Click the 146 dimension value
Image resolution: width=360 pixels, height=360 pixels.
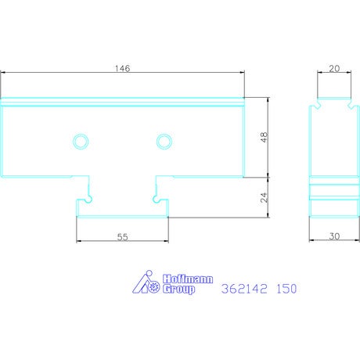point(122,68)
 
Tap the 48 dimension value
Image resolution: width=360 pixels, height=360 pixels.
point(265,137)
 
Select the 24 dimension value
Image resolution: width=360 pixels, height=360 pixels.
point(265,197)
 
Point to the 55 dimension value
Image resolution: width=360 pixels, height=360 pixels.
point(122,237)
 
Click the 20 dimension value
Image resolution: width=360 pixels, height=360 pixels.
point(334,69)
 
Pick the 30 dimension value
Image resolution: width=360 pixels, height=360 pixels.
point(334,236)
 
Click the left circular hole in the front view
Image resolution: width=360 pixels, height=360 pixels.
point(81,142)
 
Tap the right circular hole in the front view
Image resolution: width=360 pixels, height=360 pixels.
point(164,142)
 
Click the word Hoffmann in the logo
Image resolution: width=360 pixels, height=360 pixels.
point(188,279)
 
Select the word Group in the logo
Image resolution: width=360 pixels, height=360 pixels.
point(178,289)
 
